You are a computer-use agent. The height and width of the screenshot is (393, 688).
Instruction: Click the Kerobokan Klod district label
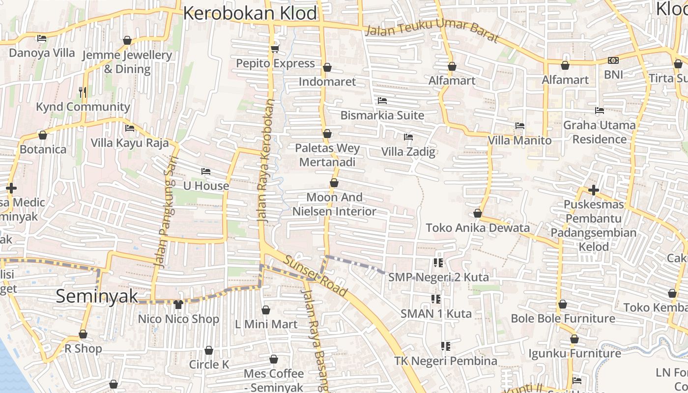pos(250,13)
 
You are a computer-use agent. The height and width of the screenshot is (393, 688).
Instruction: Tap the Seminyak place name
pos(97,296)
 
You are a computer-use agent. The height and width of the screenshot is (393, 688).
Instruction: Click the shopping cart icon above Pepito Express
pos(275,49)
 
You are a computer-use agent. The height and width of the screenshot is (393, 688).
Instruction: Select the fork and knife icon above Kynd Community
pos(83,92)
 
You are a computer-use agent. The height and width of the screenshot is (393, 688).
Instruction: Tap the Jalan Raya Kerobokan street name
pos(265,162)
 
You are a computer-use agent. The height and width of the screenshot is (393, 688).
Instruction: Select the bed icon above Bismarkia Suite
pos(382,101)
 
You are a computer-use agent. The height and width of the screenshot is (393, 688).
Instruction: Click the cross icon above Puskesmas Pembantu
pos(594,190)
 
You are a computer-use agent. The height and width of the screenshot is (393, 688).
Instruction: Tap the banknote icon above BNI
pos(613,60)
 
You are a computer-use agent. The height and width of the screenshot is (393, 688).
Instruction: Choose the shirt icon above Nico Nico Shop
pos(178,305)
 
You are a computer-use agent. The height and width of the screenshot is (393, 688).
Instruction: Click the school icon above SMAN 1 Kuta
pos(435,299)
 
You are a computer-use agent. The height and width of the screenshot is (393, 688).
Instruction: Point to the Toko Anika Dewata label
pos(478,228)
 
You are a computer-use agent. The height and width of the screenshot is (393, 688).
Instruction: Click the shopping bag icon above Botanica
pos(43,135)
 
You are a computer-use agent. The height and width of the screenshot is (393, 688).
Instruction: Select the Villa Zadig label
pos(408,152)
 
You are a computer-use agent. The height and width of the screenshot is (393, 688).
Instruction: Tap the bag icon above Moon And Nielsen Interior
pos(334,183)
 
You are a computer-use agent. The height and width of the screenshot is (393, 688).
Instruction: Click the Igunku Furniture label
pos(574,353)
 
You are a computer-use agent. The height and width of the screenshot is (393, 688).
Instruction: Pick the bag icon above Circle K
pos(209,351)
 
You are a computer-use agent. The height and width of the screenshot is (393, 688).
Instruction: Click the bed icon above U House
pos(206,171)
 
